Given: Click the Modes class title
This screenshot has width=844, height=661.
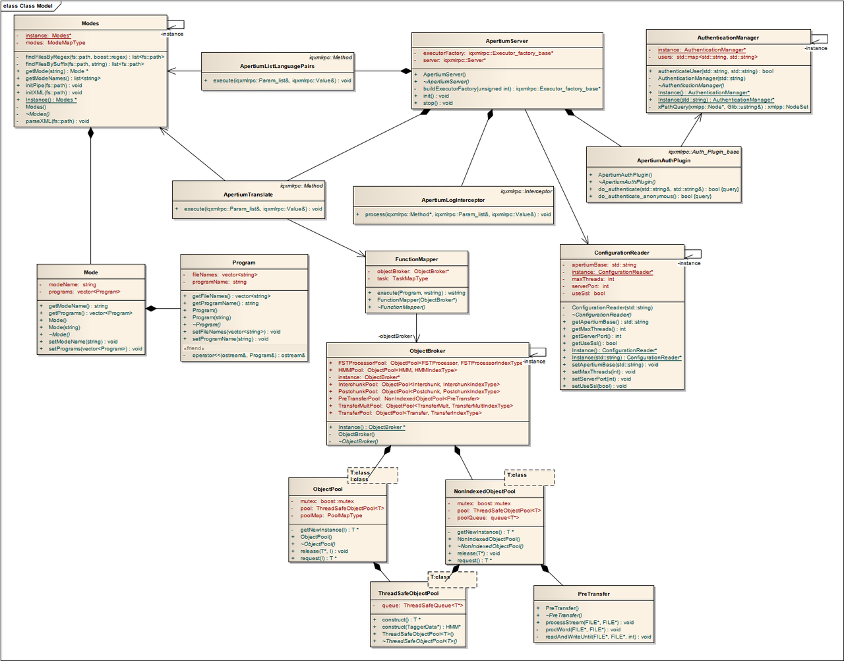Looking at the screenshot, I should [x=90, y=24].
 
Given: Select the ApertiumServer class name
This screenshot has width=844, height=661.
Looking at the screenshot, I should [x=506, y=41].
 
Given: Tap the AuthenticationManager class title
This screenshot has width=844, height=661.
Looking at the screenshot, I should [x=728, y=38].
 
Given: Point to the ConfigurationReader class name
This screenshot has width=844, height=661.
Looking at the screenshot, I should [x=621, y=253].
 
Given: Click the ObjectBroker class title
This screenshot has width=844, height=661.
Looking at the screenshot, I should [x=427, y=351].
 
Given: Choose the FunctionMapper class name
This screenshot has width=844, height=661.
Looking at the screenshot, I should [x=417, y=259].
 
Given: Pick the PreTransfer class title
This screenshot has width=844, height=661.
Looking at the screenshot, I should [x=593, y=594].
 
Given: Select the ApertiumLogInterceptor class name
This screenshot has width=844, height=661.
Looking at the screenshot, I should [x=453, y=200].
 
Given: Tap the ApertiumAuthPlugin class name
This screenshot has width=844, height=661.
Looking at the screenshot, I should [x=663, y=160].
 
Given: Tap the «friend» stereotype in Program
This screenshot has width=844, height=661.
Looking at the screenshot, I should [x=195, y=348].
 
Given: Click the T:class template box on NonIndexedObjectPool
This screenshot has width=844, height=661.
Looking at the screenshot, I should [x=517, y=475].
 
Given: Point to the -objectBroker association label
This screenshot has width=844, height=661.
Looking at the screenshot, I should [x=396, y=336].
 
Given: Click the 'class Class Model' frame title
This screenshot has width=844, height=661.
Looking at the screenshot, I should [x=28, y=6].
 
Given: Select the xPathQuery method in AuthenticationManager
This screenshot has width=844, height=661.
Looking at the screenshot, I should [x=733, y=107].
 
